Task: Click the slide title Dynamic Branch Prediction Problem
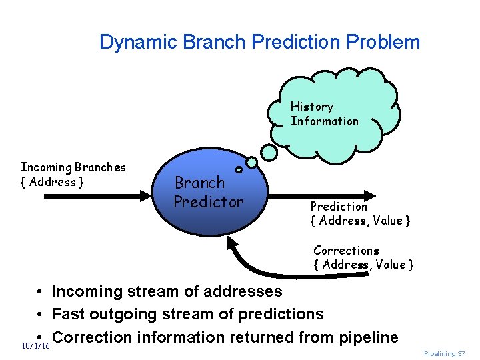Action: tap(259, 43)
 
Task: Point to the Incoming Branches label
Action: tap(73, 167)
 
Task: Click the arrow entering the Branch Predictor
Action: tap(93, 195)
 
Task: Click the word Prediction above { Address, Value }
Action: tap(339, 207)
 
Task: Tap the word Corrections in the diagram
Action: tap(346, 251)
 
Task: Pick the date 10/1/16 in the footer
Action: tap(36, 346)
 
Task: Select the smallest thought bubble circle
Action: tap(239, 169)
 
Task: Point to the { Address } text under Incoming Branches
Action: tap(52, 182)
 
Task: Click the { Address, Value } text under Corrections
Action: tap(363, 265)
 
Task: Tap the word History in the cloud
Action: tap(311, 107)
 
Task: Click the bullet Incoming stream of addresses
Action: tap(167, 291)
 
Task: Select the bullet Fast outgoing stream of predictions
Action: tap(187, 314)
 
